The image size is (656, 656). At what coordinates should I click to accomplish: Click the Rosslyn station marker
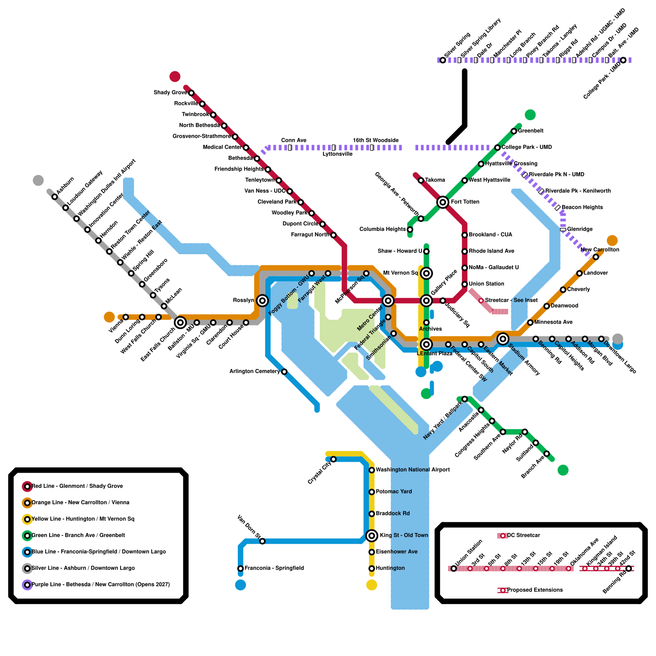tap(262, 301)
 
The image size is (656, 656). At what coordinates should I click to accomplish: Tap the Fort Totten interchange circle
tap(442, 202)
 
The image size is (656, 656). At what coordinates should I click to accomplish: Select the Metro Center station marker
tap(388, 301)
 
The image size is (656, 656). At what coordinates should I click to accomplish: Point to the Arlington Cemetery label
tap(255, 371)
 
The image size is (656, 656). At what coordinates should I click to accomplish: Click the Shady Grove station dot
tap(191, 93)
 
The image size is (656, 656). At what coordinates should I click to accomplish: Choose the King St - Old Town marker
tap(371, 535)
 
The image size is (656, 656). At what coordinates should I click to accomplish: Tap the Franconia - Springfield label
tap(274, 568)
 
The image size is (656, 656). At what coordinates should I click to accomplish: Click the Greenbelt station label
tap(531, 131)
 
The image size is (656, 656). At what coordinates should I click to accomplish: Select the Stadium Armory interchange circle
tap(503, 339)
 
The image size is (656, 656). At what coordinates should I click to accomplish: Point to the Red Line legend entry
tap(77, 486)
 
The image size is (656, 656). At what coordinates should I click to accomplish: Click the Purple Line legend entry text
tap(100, 585)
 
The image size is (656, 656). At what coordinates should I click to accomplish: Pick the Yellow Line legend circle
tap(27, 519)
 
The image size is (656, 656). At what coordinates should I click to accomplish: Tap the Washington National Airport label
tap(412, 470)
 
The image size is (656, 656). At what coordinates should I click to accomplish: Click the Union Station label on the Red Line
tap(486, 284)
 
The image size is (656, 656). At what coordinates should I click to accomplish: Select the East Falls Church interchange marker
tap(180, 323)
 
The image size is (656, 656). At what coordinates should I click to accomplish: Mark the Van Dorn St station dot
tap(262, 541)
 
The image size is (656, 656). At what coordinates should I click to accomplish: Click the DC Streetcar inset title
tap(524, 535)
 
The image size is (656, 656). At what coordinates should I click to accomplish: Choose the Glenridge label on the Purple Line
tap(580, 229)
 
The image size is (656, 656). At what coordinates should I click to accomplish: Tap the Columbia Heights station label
tap(383, 229)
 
